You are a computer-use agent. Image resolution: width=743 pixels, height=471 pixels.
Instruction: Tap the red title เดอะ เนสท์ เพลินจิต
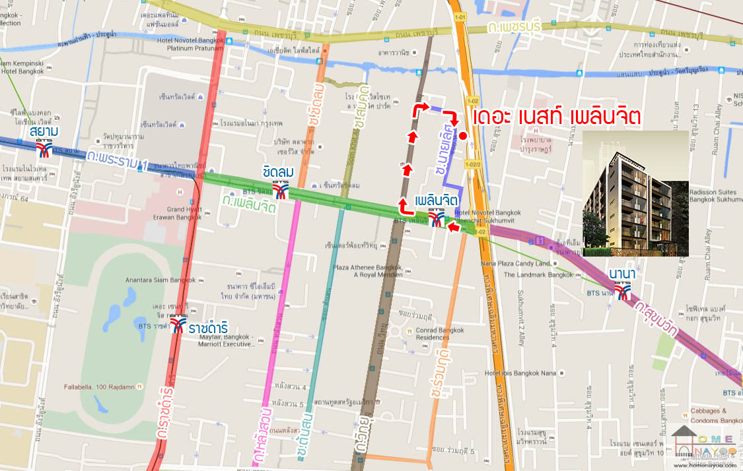pyautogui.click(x=557, y=117)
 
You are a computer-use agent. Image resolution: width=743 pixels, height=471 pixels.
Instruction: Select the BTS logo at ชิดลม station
pyautogui.click(x=281, y=191)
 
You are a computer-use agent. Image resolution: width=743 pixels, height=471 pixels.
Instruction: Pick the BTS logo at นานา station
pyautogui.click(x=623, y=292)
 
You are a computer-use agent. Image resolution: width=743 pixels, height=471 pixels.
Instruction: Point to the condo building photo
pyautogui.click(x=635, y=193)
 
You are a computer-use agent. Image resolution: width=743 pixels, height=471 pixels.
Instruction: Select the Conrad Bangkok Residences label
pyautogui.click(x=433, y=334)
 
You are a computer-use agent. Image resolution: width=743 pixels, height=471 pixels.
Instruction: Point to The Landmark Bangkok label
pyautogui.click(x=538, y=274)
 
